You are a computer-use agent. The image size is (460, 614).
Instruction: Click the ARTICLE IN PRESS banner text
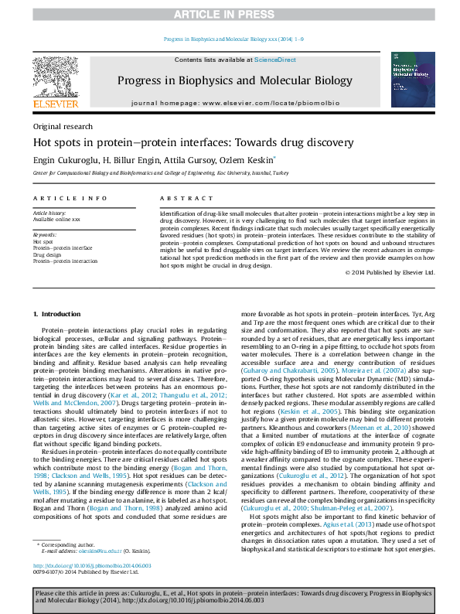230,15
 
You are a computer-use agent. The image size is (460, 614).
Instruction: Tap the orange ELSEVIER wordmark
55,104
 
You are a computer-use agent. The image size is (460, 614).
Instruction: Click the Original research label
63,127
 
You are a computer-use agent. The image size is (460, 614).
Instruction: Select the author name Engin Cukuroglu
66,159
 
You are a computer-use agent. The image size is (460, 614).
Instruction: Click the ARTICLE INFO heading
70,199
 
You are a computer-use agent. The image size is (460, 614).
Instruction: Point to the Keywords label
44,234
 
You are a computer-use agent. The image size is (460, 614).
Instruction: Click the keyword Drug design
47,254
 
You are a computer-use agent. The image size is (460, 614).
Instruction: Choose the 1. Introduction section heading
59,314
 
